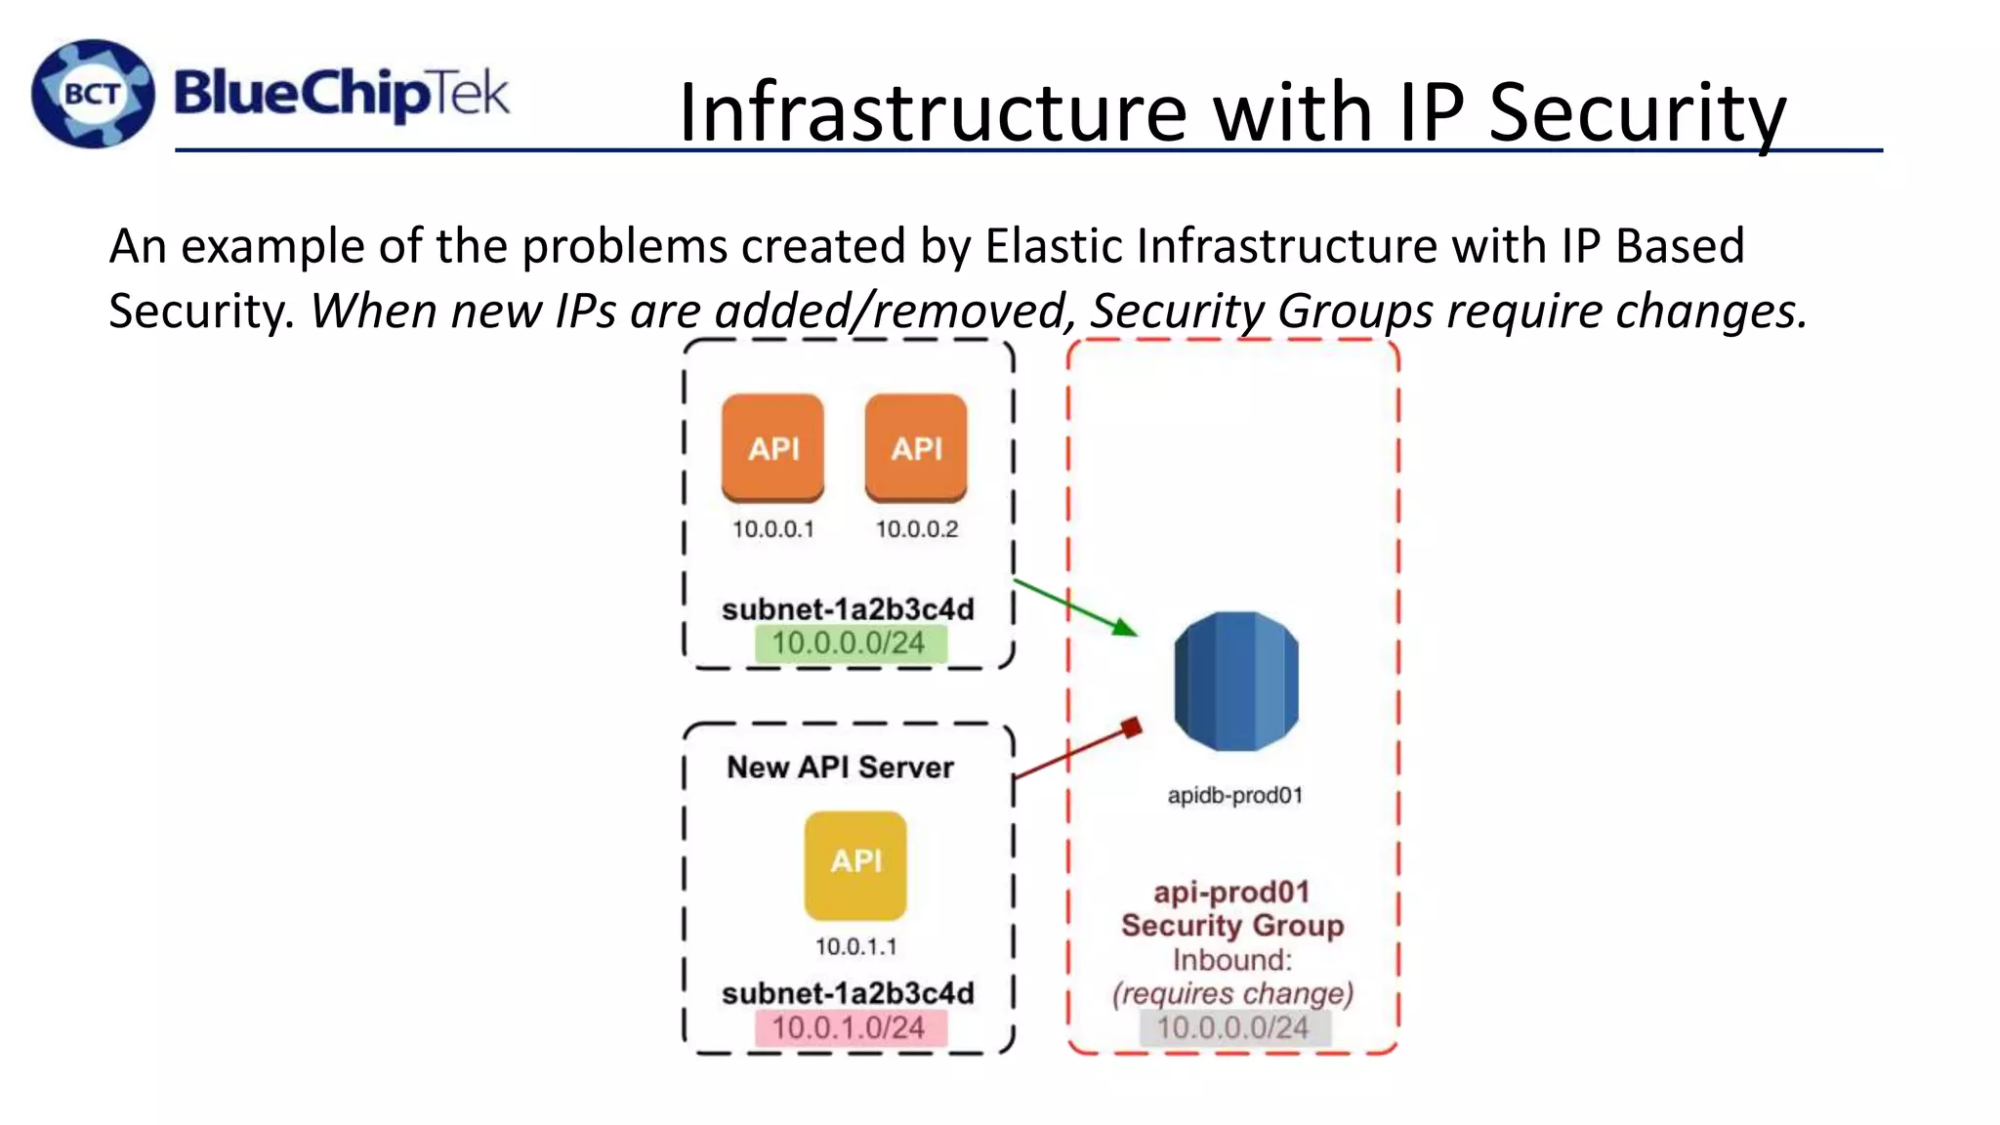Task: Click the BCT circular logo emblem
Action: (x=93, y=94)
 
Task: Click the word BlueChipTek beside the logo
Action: (x=341, y=95)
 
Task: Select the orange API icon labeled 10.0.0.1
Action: (x=772, y=448)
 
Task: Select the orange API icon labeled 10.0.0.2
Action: (x=916, y=448)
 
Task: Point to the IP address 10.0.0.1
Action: (x=772, y=529)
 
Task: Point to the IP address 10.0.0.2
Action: (x=916, y=529)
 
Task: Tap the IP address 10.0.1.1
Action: (x=855, y=946)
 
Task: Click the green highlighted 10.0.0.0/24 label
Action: (x=849, y=644)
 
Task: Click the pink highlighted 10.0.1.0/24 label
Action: (x=849, y=1027)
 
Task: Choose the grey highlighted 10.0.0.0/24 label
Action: (x=1233, y=1027)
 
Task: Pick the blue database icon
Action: (x=1236, y=682)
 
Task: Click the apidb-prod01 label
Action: (x=1235, y=795)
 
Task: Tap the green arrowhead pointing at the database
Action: (x=1126, y=627)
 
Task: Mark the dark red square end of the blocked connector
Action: (x=1132, y=728)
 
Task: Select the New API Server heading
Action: (x=840, y=768)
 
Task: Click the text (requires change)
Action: (x=1232, y=993)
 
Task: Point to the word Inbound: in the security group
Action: (x=1232, y=960)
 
